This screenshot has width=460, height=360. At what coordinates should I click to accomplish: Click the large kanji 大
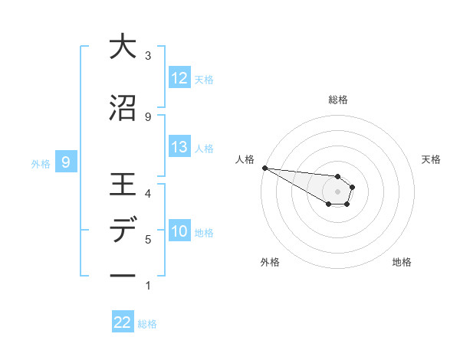[123, 47]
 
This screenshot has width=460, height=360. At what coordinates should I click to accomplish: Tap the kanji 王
[123, 186]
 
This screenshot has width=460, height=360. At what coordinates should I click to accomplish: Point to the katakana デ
[123, 231]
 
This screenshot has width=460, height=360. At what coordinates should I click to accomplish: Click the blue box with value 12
[179, 78]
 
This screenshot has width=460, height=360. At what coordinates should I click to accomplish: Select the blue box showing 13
[179, 147]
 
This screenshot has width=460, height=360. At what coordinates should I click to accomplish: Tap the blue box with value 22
[123, 322]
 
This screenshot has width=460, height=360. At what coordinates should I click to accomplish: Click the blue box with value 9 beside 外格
[66, 162]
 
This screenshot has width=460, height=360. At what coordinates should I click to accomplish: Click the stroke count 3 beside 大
[148, 55]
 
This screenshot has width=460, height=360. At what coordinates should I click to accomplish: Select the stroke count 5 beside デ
[148, 240]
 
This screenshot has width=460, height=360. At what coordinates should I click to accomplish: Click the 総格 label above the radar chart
[337, 100]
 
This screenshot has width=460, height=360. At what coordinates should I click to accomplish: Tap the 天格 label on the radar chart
[432, 159]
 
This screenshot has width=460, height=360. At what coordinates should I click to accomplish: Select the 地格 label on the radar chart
[402, 262]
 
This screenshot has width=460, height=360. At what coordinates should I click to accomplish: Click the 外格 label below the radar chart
[270, 262]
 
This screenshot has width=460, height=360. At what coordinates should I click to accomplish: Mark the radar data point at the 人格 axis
[264, 168]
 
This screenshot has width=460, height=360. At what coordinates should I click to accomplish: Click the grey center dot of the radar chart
[337, 191]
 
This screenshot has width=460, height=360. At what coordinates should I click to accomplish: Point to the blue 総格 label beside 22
[147, 324]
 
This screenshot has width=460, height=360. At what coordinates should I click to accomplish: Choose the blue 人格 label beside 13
[204, 148]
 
